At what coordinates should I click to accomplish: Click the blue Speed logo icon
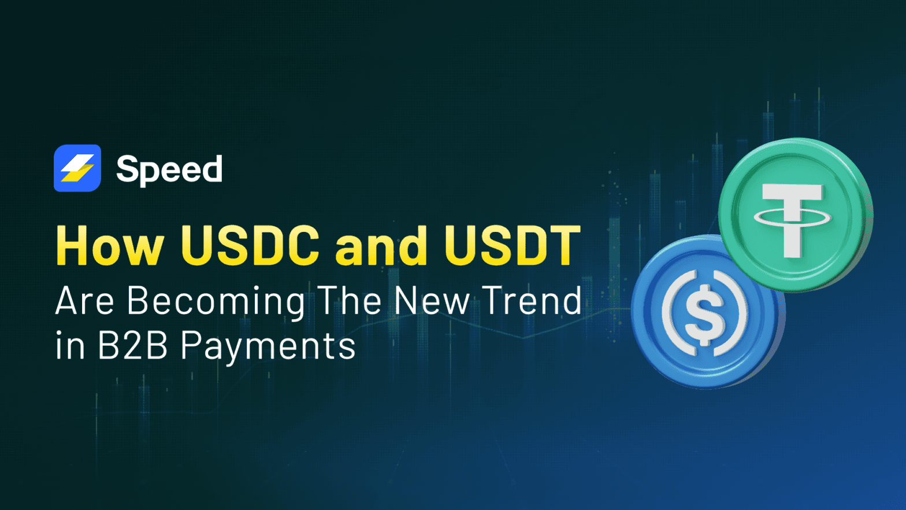coord(77,168)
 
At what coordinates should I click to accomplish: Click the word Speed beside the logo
coord(169,169)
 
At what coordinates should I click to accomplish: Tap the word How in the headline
coord(110,246)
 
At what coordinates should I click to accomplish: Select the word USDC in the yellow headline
coord(250,246)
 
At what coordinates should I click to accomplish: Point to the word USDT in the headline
coord(512,246)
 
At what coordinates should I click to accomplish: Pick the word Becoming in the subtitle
coord(216,302)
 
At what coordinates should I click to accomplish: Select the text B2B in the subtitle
coord(132,346)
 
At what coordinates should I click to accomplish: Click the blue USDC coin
coord(670,347)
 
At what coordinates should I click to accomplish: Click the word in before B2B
coord(70,346)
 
